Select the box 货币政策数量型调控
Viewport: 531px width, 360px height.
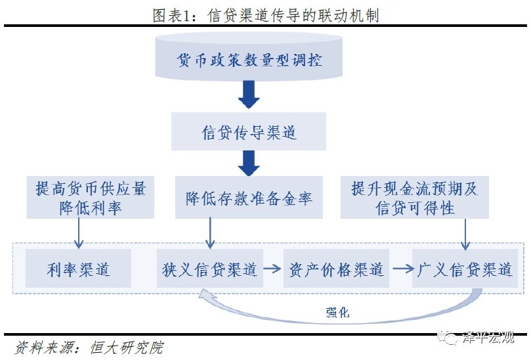tap(249, 60)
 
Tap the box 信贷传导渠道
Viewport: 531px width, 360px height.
tap(249, 131)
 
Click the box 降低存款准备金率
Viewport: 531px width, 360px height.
tap(249, 198)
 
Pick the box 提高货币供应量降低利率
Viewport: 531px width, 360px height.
tap(91, 198)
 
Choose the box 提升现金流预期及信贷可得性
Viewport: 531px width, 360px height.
tap(414, 198)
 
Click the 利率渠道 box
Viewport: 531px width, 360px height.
tap(78, 269)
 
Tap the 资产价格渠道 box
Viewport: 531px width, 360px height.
tap(336, 269)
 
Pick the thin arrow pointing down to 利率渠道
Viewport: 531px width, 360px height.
tap(79, 233)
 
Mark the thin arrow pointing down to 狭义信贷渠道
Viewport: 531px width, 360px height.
tap(210, 233)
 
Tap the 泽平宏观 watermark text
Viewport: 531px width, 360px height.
tap(489, 339)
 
